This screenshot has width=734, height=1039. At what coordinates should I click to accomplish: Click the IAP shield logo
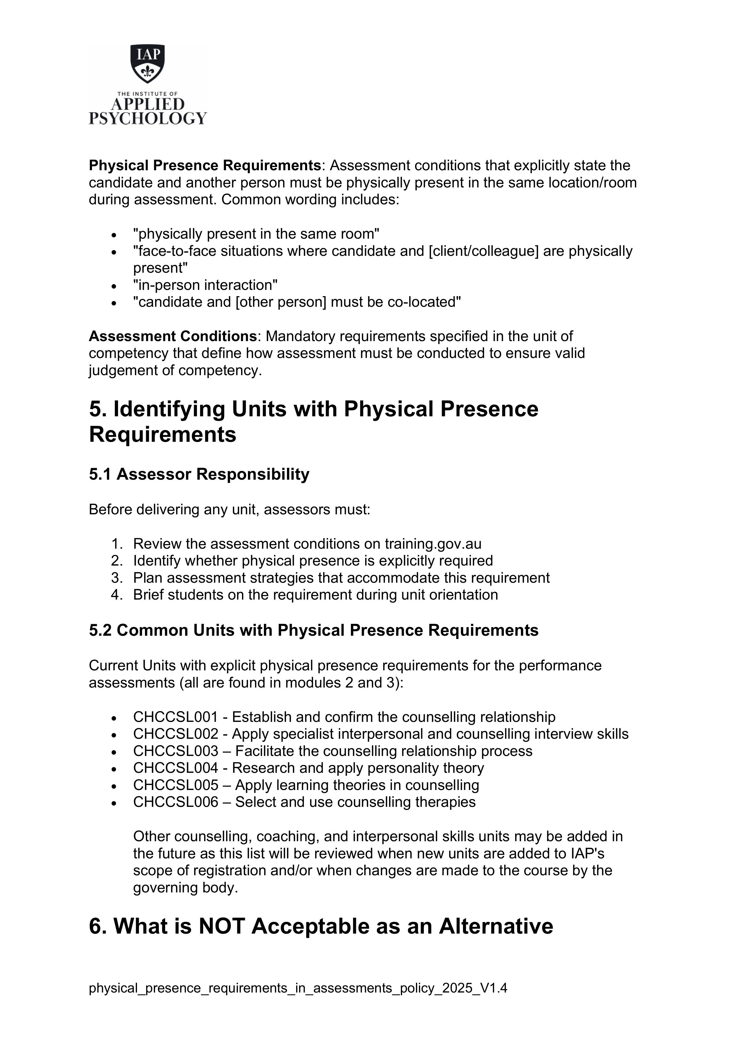click(x=147, y=63)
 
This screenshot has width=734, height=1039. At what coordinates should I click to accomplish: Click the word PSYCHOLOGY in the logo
click(x=147, y=118)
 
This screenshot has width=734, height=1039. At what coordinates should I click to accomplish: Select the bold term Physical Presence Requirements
click(x=204, y=166)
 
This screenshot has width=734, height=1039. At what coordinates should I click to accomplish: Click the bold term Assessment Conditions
click(x=173, y=336)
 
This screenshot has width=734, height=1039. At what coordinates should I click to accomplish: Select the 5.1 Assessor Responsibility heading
click(x=199, y=474)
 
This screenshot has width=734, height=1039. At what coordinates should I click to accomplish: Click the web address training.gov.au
click(x=433, y=544)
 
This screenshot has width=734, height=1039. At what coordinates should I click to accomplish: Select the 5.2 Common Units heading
click(x=313, y=630)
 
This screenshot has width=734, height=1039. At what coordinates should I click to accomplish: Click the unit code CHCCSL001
click(x=175, y=717)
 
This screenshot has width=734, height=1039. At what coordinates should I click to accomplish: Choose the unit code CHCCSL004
click(x=175, y=768)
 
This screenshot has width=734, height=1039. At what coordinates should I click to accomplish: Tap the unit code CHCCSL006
click(x=175, y=802)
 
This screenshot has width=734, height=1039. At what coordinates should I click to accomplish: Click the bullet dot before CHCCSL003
click(x=114, y=752)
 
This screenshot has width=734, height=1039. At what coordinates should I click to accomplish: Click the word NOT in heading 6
click(x=222, y=926)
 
